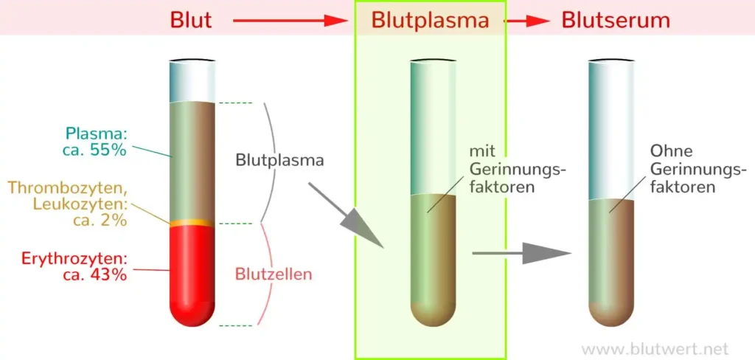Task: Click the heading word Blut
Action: click(x=191, y=20)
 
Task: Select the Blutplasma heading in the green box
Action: click(x=431, y=20)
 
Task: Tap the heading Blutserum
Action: click(x=616, y=20)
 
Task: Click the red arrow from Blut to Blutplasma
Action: click(x=288, y=21)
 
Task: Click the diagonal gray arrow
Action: click(x=346, y=215)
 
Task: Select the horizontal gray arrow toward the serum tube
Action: click(x=521, y=252)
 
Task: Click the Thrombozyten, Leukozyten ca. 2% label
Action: click(x=80, y=204)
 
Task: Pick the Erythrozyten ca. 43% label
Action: click(x=74, y=266)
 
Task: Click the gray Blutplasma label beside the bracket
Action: click(x=279, y=161)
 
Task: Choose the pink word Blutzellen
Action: click(x=274, y=274)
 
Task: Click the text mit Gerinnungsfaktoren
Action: click(x=517, y=169)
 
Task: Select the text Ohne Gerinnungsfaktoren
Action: click(x=697, y=169)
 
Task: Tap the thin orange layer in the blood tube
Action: click(x=192, y=223)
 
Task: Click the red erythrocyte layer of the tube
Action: click(x=192, y=274)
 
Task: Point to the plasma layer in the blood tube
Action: click(x=192, y=161)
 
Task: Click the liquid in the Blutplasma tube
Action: click(x=433, y=260)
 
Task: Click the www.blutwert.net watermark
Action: click(x=655, y=348)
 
